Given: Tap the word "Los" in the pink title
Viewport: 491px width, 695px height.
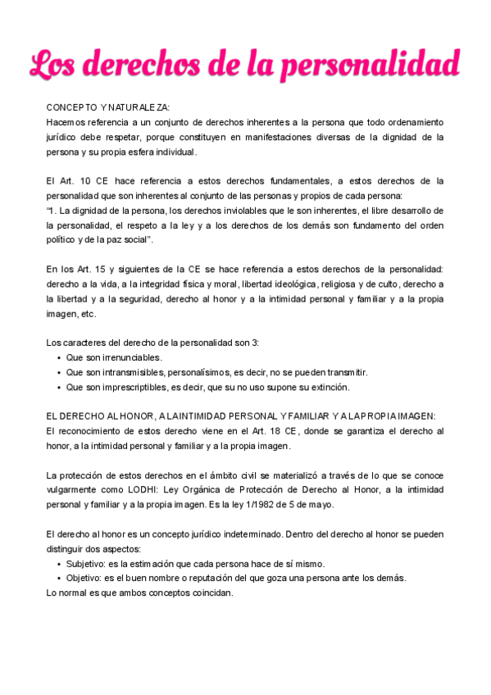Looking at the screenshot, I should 54,64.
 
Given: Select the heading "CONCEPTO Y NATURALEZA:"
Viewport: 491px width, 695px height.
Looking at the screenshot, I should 108,107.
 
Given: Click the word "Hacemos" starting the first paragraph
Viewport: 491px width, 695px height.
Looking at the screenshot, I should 66,122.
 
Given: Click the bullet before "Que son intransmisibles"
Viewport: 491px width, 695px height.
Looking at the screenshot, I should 58,372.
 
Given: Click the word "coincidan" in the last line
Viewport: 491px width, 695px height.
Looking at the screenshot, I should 211,593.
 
